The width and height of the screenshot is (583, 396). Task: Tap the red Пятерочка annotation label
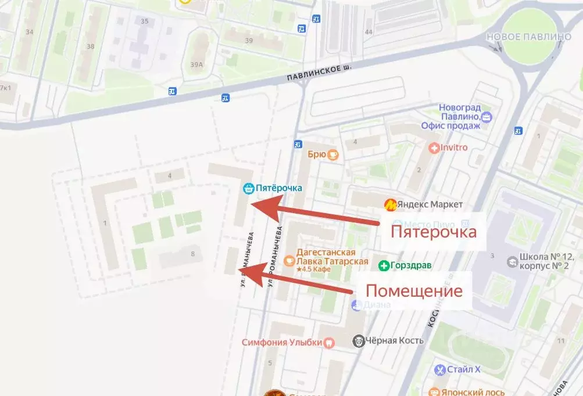(x=434, y=232)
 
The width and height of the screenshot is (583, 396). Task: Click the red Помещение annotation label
(x=413, y=290)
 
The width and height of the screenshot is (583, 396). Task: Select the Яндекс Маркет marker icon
(x=391, y=204)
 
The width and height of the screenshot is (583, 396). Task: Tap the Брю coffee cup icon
(x=333, y=154)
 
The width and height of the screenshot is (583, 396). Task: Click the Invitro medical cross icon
(x=434, y=148)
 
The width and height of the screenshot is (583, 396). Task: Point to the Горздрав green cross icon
(x=384, y=266)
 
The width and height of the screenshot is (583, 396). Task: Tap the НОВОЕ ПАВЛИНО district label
(x=528, y=37)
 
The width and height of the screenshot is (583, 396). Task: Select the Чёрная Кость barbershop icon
(x=359, y=341)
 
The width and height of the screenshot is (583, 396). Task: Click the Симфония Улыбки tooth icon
(x=329, y=343)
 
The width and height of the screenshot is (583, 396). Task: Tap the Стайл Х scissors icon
(x=440, y=369)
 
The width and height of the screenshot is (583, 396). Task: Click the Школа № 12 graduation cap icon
(x=512, y=262)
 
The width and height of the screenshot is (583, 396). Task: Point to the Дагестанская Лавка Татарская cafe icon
(x=289, y=261)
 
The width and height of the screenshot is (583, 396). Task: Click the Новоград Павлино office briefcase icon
(x=487, y=118)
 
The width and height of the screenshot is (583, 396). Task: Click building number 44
(x=369, y=32)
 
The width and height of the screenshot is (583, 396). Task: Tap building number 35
(x=144, y=21)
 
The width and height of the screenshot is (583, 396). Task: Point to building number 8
(x=192, y=254)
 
